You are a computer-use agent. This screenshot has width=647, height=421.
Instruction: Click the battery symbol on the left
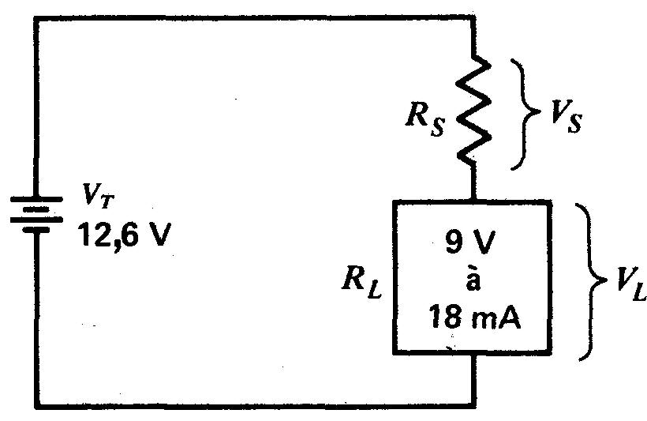pos(36,214)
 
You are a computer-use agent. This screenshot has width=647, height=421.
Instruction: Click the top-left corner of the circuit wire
pos(36,17)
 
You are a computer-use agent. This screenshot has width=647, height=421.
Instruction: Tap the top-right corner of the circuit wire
pos(473,17)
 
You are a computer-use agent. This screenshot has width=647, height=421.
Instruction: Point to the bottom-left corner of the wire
pos(36,406)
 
